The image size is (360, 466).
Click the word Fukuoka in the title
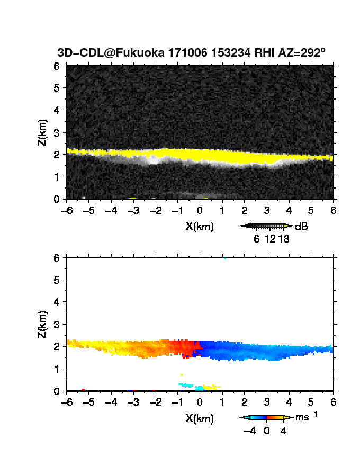[140, 52]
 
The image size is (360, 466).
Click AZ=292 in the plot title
[301, 52]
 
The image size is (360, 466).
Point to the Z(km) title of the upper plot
[42, 132]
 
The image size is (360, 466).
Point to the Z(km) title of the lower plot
[42, 324]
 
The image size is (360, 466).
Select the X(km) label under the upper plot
[200, 227]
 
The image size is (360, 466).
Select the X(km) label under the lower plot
[200, 418]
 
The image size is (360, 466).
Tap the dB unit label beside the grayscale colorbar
[301, 227]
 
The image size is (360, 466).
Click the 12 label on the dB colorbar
[270, 239]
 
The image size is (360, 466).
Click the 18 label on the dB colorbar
[283, 239]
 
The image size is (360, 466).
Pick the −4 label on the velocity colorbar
[250, 431]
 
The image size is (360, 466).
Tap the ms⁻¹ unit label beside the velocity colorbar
[306, 417]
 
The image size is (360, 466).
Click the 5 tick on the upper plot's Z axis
[57, 88]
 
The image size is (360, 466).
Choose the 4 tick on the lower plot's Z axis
[57, 302]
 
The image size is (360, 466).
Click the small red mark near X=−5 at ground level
[84, 390]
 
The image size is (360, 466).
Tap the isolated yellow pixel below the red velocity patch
[182, 375]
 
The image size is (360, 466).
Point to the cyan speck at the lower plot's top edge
[225, 258]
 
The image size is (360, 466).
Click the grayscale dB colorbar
[266, 226]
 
